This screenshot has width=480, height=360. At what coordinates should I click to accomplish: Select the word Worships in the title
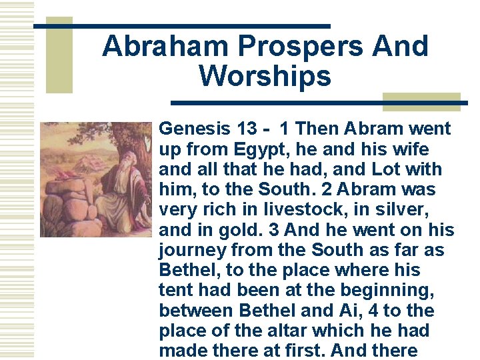pyautogui.click(x=265, y=77)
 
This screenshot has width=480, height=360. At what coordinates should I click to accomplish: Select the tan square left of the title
pyautogui.click(x=59, y=55)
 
